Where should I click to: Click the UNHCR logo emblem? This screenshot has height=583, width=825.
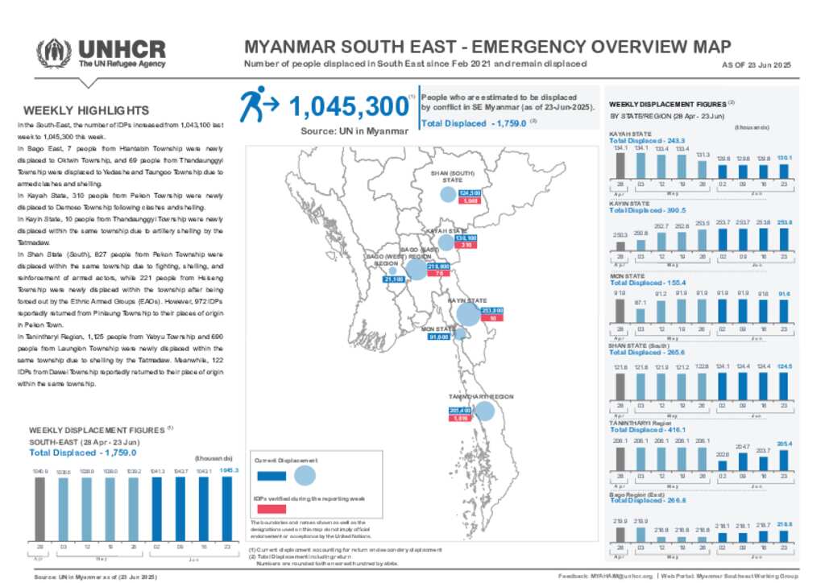coord(54,53)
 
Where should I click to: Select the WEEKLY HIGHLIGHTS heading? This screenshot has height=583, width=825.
coord(86,110)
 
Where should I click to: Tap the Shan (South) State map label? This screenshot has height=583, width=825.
coord(451,176)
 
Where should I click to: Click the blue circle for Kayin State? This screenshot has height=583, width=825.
coord(466,315)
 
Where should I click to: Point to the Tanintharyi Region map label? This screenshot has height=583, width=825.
coord(481,397)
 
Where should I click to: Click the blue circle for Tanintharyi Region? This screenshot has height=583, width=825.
coord(484,411)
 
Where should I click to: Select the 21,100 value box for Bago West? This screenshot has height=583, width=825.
coord(395,279)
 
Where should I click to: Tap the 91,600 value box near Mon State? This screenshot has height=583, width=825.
coord(438,337)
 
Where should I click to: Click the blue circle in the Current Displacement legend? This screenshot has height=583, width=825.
coord(305,475)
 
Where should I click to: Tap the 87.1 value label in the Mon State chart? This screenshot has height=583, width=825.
coord(640,302)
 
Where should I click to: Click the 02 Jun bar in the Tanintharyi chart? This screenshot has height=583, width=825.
coord(723,469)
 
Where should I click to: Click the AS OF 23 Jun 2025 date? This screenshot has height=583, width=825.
coord(757,64)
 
